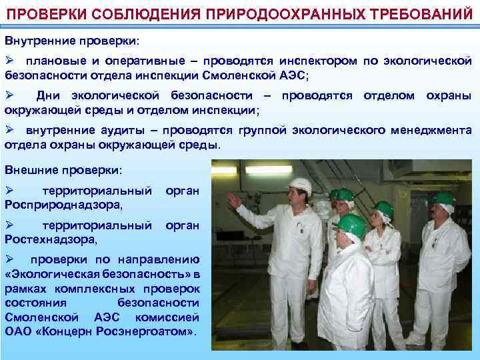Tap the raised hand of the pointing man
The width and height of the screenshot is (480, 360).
[x=233, y=199]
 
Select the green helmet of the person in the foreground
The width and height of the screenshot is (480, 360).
[x=351, y=226]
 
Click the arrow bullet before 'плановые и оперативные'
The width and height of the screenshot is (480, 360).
[x=10, y=61]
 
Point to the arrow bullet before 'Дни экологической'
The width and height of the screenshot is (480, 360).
[x=10, y=95]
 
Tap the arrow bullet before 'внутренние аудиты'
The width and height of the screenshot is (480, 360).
[x=10, y=130]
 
